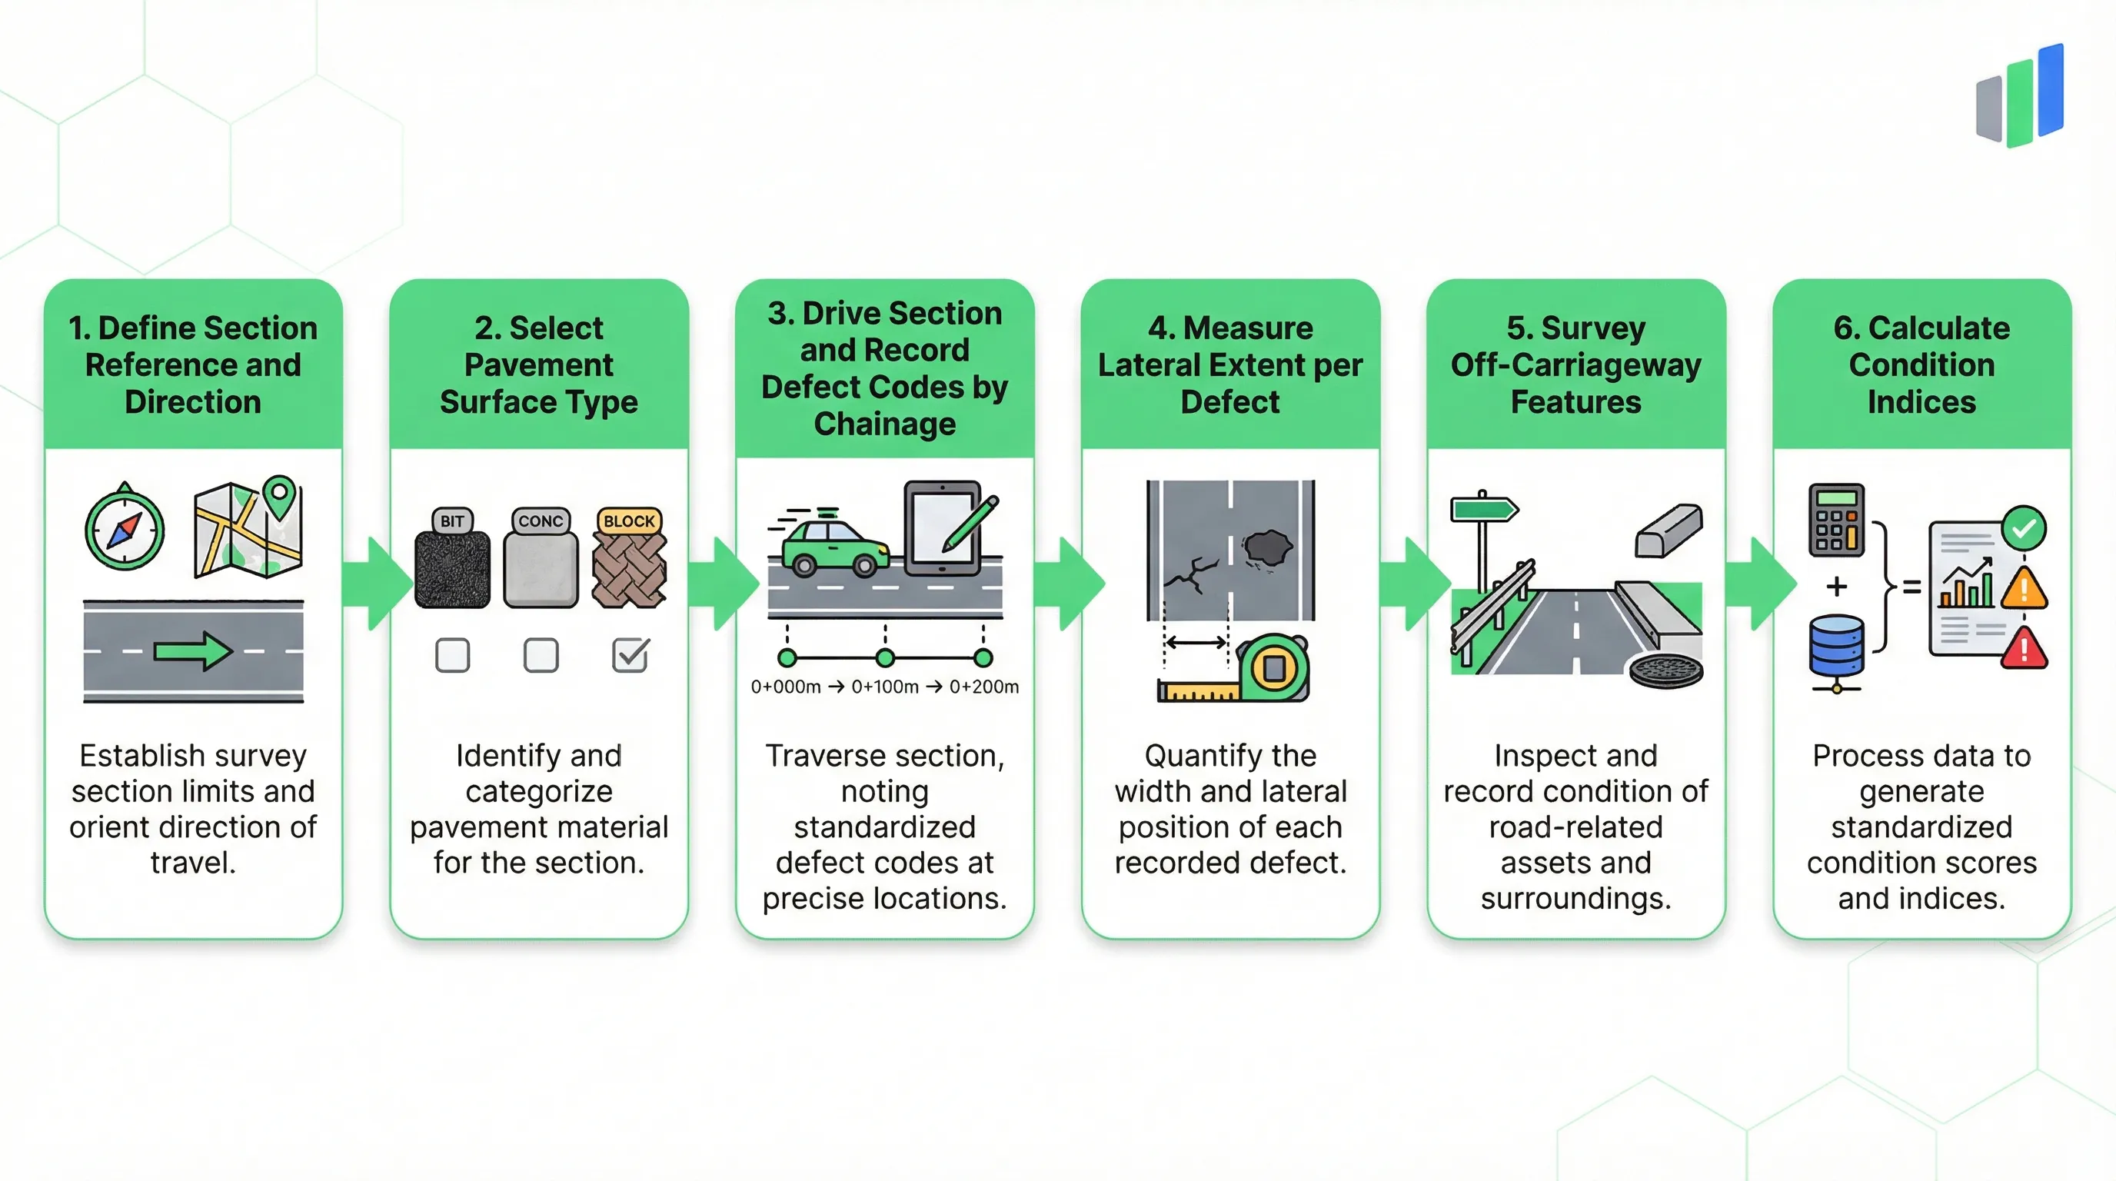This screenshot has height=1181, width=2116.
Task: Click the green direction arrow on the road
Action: coord(194,652)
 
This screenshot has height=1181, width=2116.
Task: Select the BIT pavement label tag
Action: coord(452,521)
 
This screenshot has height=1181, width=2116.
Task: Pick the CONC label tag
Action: coord(541,521)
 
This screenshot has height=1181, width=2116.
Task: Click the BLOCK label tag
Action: coord(629,521)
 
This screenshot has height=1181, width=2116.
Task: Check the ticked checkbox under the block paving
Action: coord(630,655)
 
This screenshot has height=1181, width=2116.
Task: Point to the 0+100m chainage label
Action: coord(885,687)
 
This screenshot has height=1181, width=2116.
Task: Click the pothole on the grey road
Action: coord(1266,547)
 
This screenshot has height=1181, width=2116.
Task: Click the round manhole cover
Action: coord(1666,671)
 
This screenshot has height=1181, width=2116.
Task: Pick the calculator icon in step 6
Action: coord(1837,521)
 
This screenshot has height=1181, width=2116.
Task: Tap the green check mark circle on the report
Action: coord(2023,528)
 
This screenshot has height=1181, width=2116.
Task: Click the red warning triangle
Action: coord(2024,649)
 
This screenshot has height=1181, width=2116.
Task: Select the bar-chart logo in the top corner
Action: coord(2020,96)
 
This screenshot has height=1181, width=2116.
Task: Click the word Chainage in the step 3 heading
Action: coord(885,424)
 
